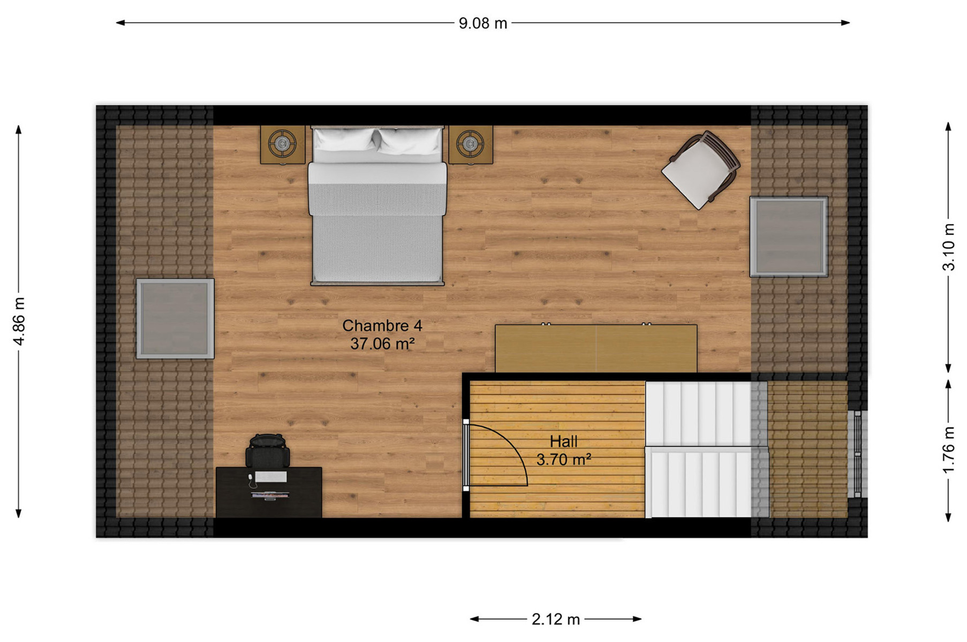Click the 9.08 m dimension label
482,24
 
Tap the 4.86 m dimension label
19,321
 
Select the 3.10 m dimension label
948,247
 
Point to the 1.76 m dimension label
948,449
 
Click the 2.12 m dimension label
555,620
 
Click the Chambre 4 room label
382,325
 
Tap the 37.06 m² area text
382,343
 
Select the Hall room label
563,441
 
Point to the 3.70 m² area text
564,460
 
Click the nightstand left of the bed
283,144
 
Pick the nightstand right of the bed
471,144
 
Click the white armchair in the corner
701,170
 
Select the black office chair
267,450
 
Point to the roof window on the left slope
175,318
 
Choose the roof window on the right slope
789,236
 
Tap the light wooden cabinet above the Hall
596,348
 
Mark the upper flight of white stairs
699,414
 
